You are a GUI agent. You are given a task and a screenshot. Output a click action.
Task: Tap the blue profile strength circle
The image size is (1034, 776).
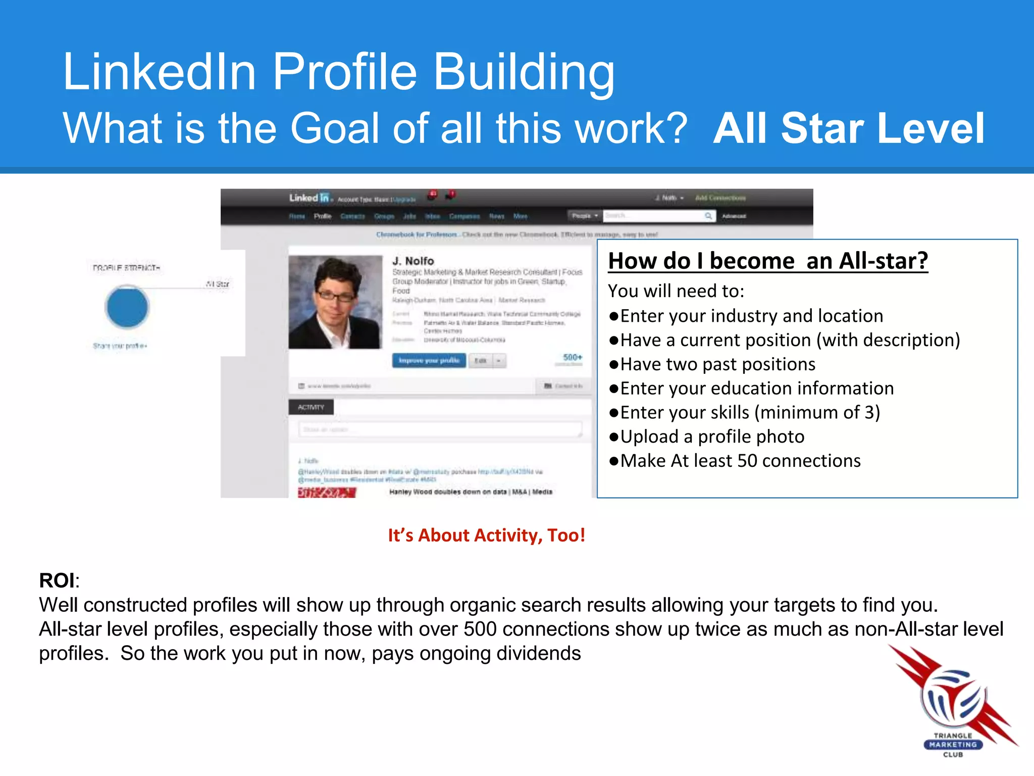tap(127, 307)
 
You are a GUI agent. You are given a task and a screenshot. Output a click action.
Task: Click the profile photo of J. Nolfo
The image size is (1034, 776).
tap(335, 302)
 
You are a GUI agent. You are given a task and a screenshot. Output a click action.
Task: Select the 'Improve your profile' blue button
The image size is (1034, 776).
tap(429, 360)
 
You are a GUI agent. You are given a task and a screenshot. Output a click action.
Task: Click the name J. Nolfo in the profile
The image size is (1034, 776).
tap(413, 261)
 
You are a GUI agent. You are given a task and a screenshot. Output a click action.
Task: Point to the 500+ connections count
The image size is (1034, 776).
tap(572, 358)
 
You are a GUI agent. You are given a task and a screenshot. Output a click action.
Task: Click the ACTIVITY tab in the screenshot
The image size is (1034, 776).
tap(311, 407)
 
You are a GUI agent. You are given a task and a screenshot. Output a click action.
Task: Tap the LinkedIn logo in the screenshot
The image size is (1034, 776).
tap(309, 198)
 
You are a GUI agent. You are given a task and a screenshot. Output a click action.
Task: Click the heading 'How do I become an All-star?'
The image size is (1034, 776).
tap(767, 261)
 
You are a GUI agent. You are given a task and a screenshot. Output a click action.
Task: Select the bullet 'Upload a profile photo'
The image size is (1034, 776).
tap(712, 437)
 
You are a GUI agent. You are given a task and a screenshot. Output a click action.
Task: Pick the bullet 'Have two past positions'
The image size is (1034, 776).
tap(717, 364)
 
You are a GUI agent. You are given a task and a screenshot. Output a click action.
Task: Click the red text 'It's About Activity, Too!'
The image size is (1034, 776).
tap(486, 535)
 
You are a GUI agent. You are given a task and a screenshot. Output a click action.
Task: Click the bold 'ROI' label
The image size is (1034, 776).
tap(57, 580)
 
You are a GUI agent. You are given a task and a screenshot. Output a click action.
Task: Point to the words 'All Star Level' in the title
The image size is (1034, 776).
tap(848, 128)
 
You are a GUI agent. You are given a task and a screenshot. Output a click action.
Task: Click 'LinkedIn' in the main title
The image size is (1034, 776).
tap(159, 72)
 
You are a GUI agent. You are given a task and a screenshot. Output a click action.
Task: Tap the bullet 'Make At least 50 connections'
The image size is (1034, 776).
tap(740, 461)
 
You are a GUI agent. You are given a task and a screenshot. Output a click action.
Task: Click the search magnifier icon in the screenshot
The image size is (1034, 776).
tap(708, 216)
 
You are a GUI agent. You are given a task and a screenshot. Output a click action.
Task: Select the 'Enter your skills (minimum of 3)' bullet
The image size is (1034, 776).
tap(750, 412)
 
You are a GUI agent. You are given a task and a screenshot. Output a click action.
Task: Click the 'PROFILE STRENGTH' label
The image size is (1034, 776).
tap(126, 268)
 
